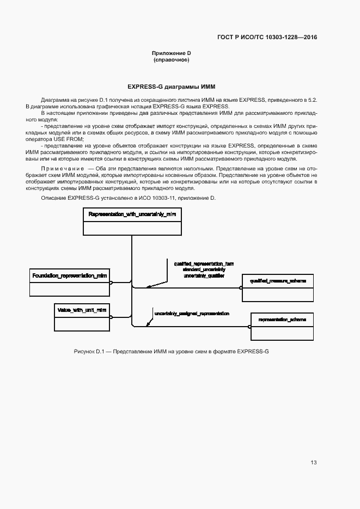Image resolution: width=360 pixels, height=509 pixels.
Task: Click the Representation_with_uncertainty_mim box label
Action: [132, 214]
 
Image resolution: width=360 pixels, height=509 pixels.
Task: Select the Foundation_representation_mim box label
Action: [69, 276]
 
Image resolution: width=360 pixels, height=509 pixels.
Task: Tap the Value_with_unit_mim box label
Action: [81, 310]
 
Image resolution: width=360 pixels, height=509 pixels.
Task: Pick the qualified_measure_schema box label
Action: [278, 281]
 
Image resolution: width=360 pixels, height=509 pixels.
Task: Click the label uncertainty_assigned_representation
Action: [191, 314]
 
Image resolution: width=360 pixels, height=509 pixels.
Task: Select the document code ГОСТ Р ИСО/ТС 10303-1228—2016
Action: [267, 38]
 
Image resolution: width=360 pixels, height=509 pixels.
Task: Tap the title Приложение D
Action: [172, 53]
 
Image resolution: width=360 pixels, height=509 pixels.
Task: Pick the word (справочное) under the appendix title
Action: [172, 60]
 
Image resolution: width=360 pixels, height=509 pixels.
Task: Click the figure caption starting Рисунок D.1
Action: [171, 352]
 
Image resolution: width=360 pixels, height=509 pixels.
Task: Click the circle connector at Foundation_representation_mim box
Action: [111, 283]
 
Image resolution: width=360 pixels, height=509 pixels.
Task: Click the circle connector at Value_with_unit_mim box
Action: [111, 316]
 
